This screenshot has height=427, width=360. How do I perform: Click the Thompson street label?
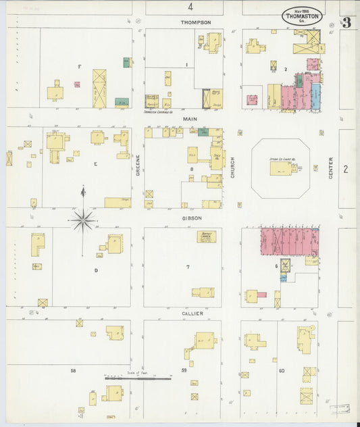196,22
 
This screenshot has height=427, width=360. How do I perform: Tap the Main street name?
189,118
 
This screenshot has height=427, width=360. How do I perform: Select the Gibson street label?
191,218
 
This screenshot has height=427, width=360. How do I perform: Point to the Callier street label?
192,313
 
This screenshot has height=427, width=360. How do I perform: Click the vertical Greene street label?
138,166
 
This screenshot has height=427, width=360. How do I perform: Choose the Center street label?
330,168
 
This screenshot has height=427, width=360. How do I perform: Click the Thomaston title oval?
302,16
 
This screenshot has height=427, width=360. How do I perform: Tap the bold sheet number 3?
346,22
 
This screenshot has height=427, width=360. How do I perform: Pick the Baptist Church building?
205,236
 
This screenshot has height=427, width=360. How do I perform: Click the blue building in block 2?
315,97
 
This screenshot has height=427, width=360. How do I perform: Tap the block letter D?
96,270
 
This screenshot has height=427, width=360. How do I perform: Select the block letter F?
79,66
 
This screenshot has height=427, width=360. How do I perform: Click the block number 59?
184,370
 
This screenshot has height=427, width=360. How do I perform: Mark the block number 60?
281,370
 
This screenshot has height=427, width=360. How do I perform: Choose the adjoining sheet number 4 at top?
190,7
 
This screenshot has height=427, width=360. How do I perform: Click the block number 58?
72,370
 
